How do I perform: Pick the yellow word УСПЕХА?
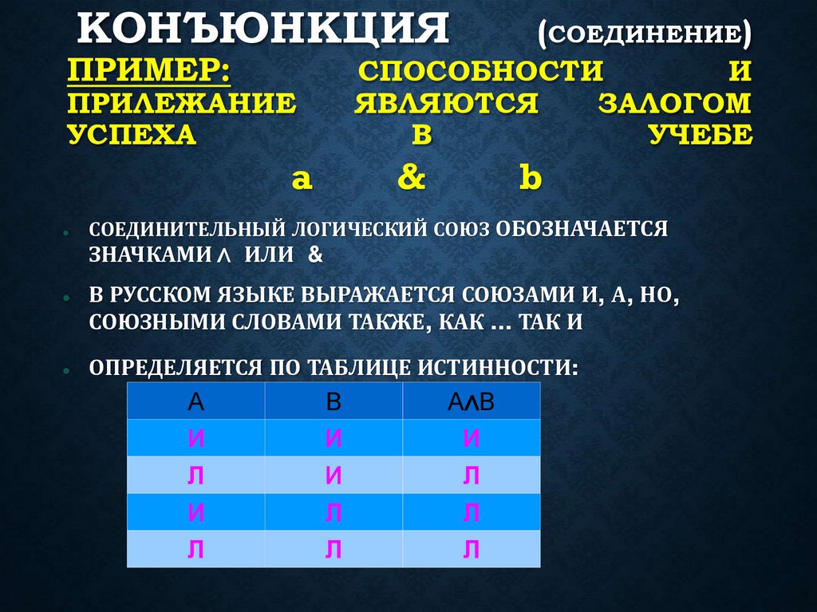coord(132,135)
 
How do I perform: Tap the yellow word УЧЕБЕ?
coord(699,135)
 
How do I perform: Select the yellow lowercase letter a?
coord(301,180)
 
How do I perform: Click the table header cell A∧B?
coord(472,401)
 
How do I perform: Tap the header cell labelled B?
coord(334,401)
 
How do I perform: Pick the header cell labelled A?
coord(196,401)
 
